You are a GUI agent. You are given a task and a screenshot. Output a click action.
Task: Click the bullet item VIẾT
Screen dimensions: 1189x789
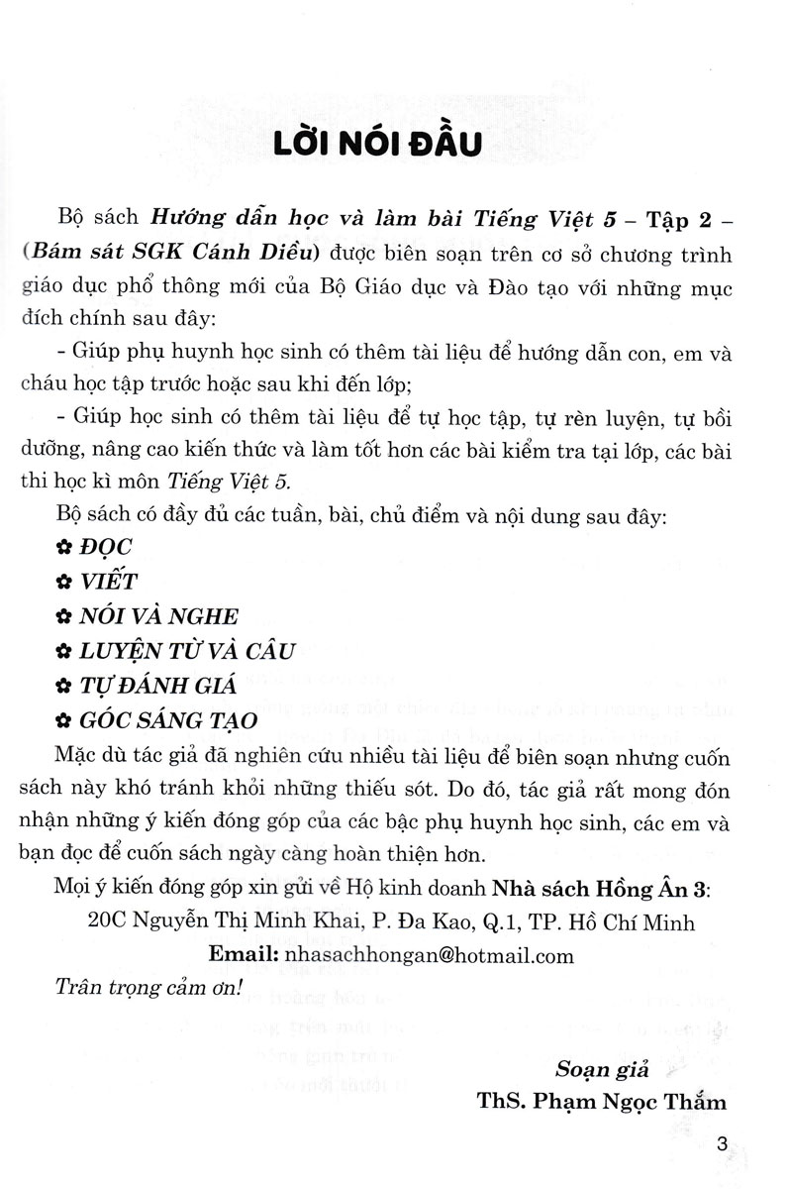(x=112, y=581)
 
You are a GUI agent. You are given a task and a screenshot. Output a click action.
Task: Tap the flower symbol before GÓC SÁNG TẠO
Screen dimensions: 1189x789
(x=64, y=722)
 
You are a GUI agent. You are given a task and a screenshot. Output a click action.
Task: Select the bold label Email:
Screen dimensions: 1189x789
(x=245, y=955)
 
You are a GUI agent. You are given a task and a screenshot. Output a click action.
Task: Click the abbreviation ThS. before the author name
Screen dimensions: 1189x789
(x=501, y=1105)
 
